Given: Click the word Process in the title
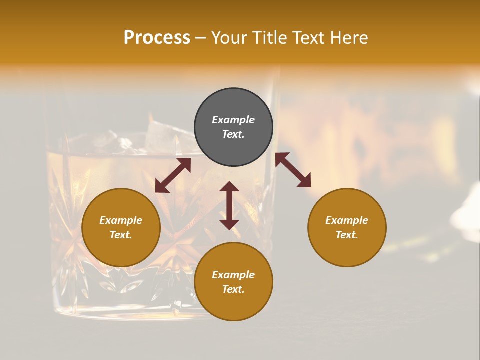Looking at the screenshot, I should (157, 37).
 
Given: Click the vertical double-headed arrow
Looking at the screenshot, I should (229, 205).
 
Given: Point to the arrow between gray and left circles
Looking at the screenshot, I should (173, 175).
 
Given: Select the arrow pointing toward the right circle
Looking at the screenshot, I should (293, 170).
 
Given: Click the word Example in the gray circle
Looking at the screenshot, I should (233, 120).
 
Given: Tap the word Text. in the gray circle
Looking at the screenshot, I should (233, 134).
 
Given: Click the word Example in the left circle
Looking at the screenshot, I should (121, 220).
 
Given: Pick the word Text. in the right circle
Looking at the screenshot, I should (347, 235).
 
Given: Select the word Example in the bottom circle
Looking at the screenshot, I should (233, 275).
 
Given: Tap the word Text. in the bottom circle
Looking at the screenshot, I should (233, 289).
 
